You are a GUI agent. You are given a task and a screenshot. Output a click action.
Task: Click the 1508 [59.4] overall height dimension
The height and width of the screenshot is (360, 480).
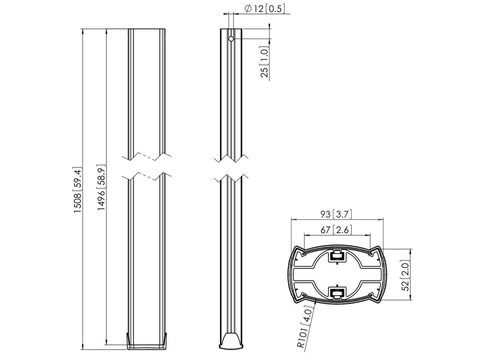click(78, 190)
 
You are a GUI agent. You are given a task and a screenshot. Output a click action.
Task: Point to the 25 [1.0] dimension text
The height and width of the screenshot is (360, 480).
click(264, 62)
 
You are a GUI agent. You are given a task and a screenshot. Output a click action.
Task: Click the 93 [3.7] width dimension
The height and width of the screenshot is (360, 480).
click(336, 214)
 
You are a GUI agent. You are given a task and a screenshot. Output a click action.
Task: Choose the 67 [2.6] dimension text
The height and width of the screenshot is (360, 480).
click(336, 230)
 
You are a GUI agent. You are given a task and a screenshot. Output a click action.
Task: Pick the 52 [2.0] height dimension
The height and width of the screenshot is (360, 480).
click(406, 275)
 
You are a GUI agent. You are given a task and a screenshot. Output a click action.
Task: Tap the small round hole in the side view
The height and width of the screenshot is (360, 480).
click(231, 39)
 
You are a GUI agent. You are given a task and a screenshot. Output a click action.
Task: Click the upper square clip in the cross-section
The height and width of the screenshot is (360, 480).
click(336, 256)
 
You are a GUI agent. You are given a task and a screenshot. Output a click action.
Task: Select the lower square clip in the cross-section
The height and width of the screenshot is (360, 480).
click(336, 293)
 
